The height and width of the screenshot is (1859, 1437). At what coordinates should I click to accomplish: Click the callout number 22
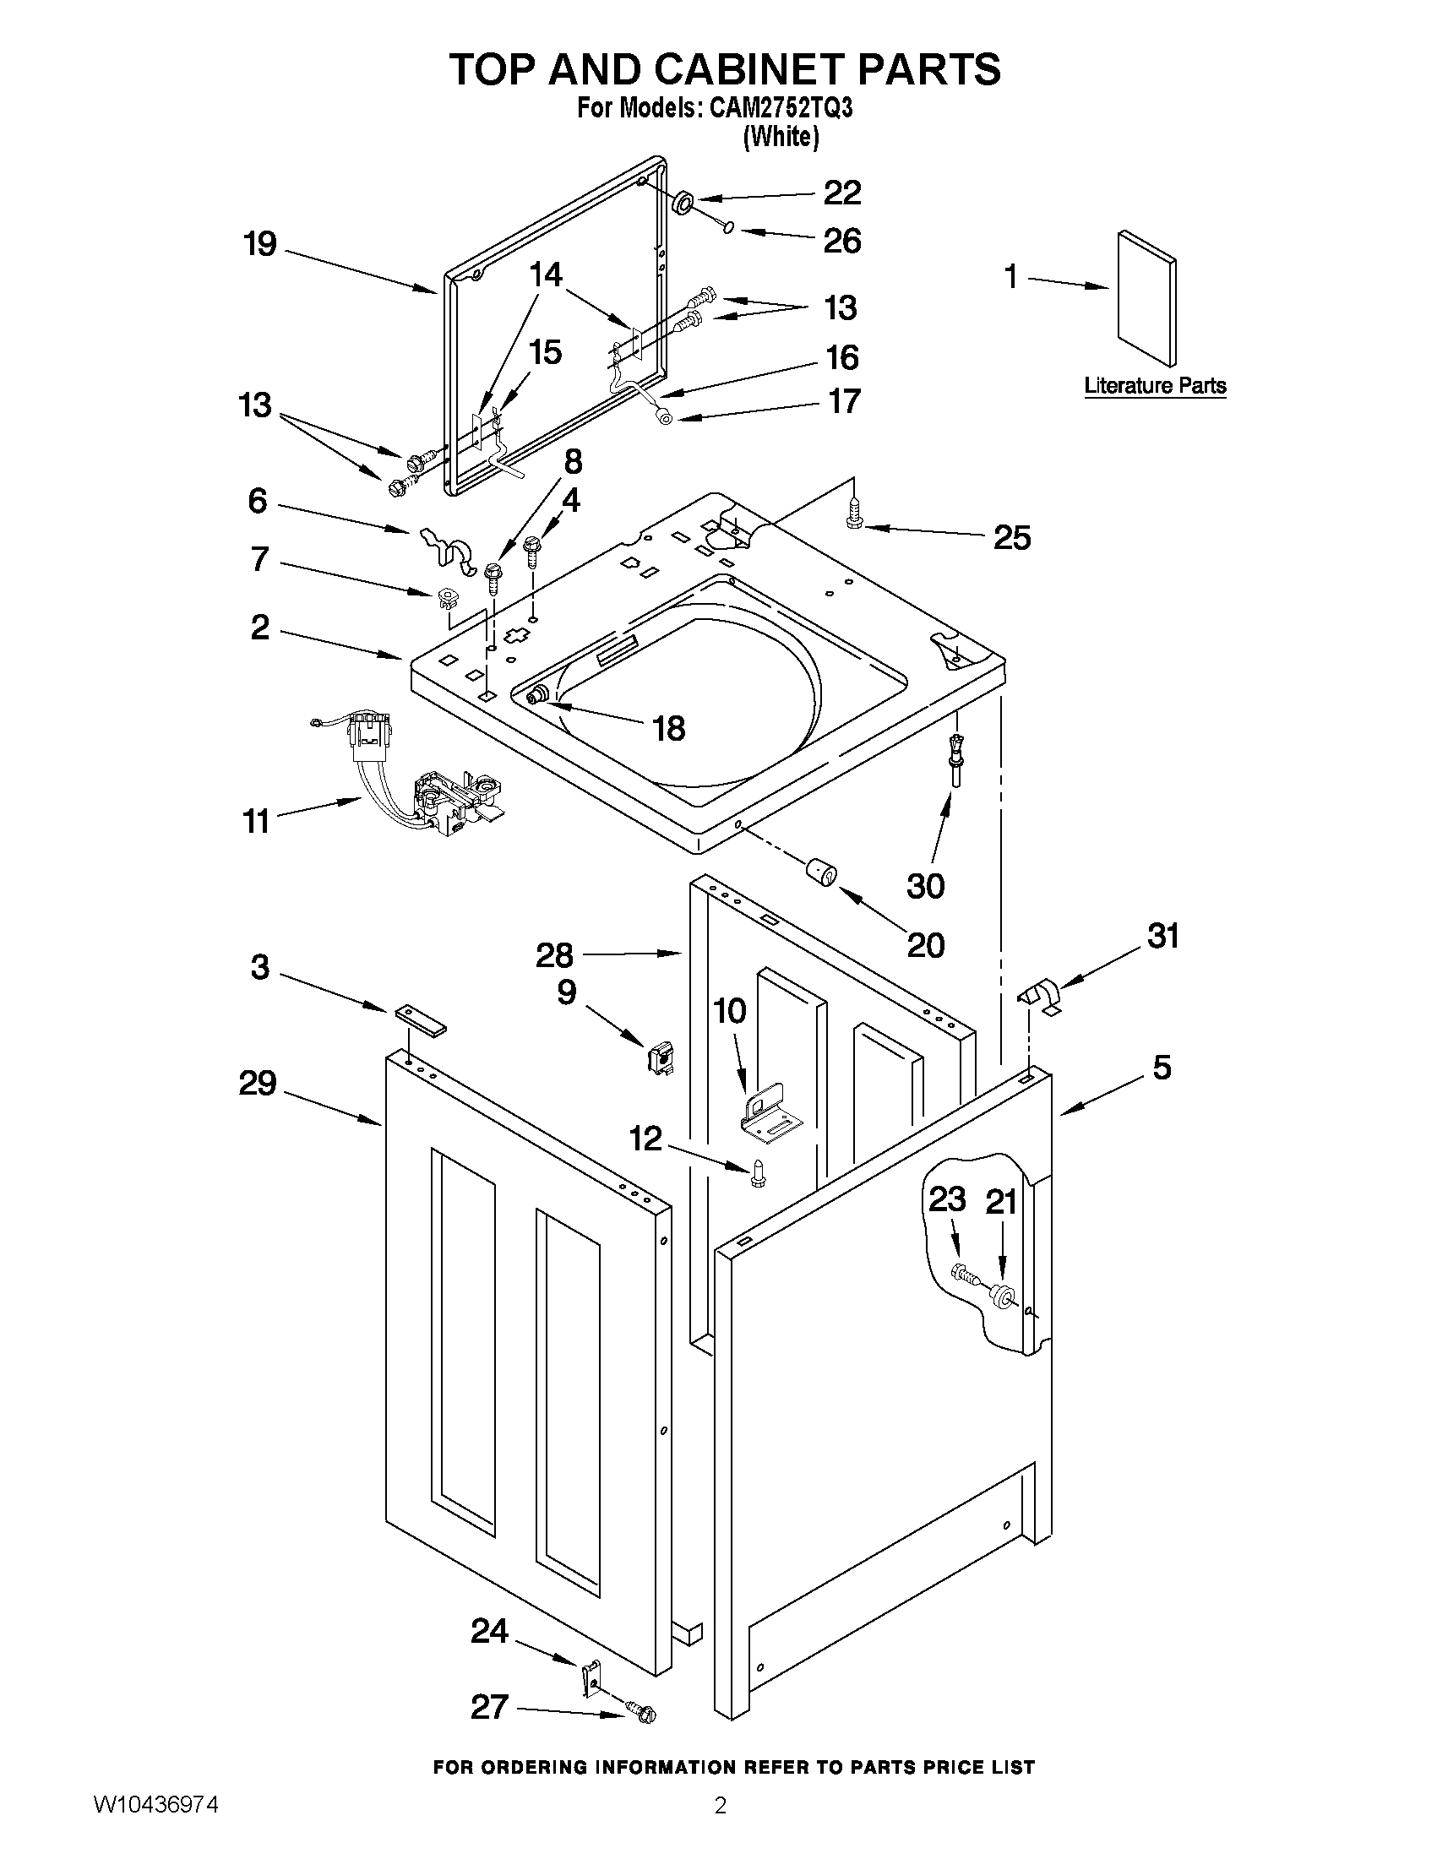click(x=842, y=193)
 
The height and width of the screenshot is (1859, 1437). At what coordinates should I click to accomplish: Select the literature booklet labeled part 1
click(x=1147, y=298)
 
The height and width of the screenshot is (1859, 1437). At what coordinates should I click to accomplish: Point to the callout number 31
click(x=1163, y=937)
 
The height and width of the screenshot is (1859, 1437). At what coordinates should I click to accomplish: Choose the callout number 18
click(x=668, y=729)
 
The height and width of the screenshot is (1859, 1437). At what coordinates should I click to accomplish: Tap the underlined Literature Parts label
click(x=1154, y=386)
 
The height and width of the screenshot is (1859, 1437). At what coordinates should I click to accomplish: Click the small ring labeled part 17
click(x=665, y=417)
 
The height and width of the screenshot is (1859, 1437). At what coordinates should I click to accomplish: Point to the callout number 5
click(x=1162, y=1068)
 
